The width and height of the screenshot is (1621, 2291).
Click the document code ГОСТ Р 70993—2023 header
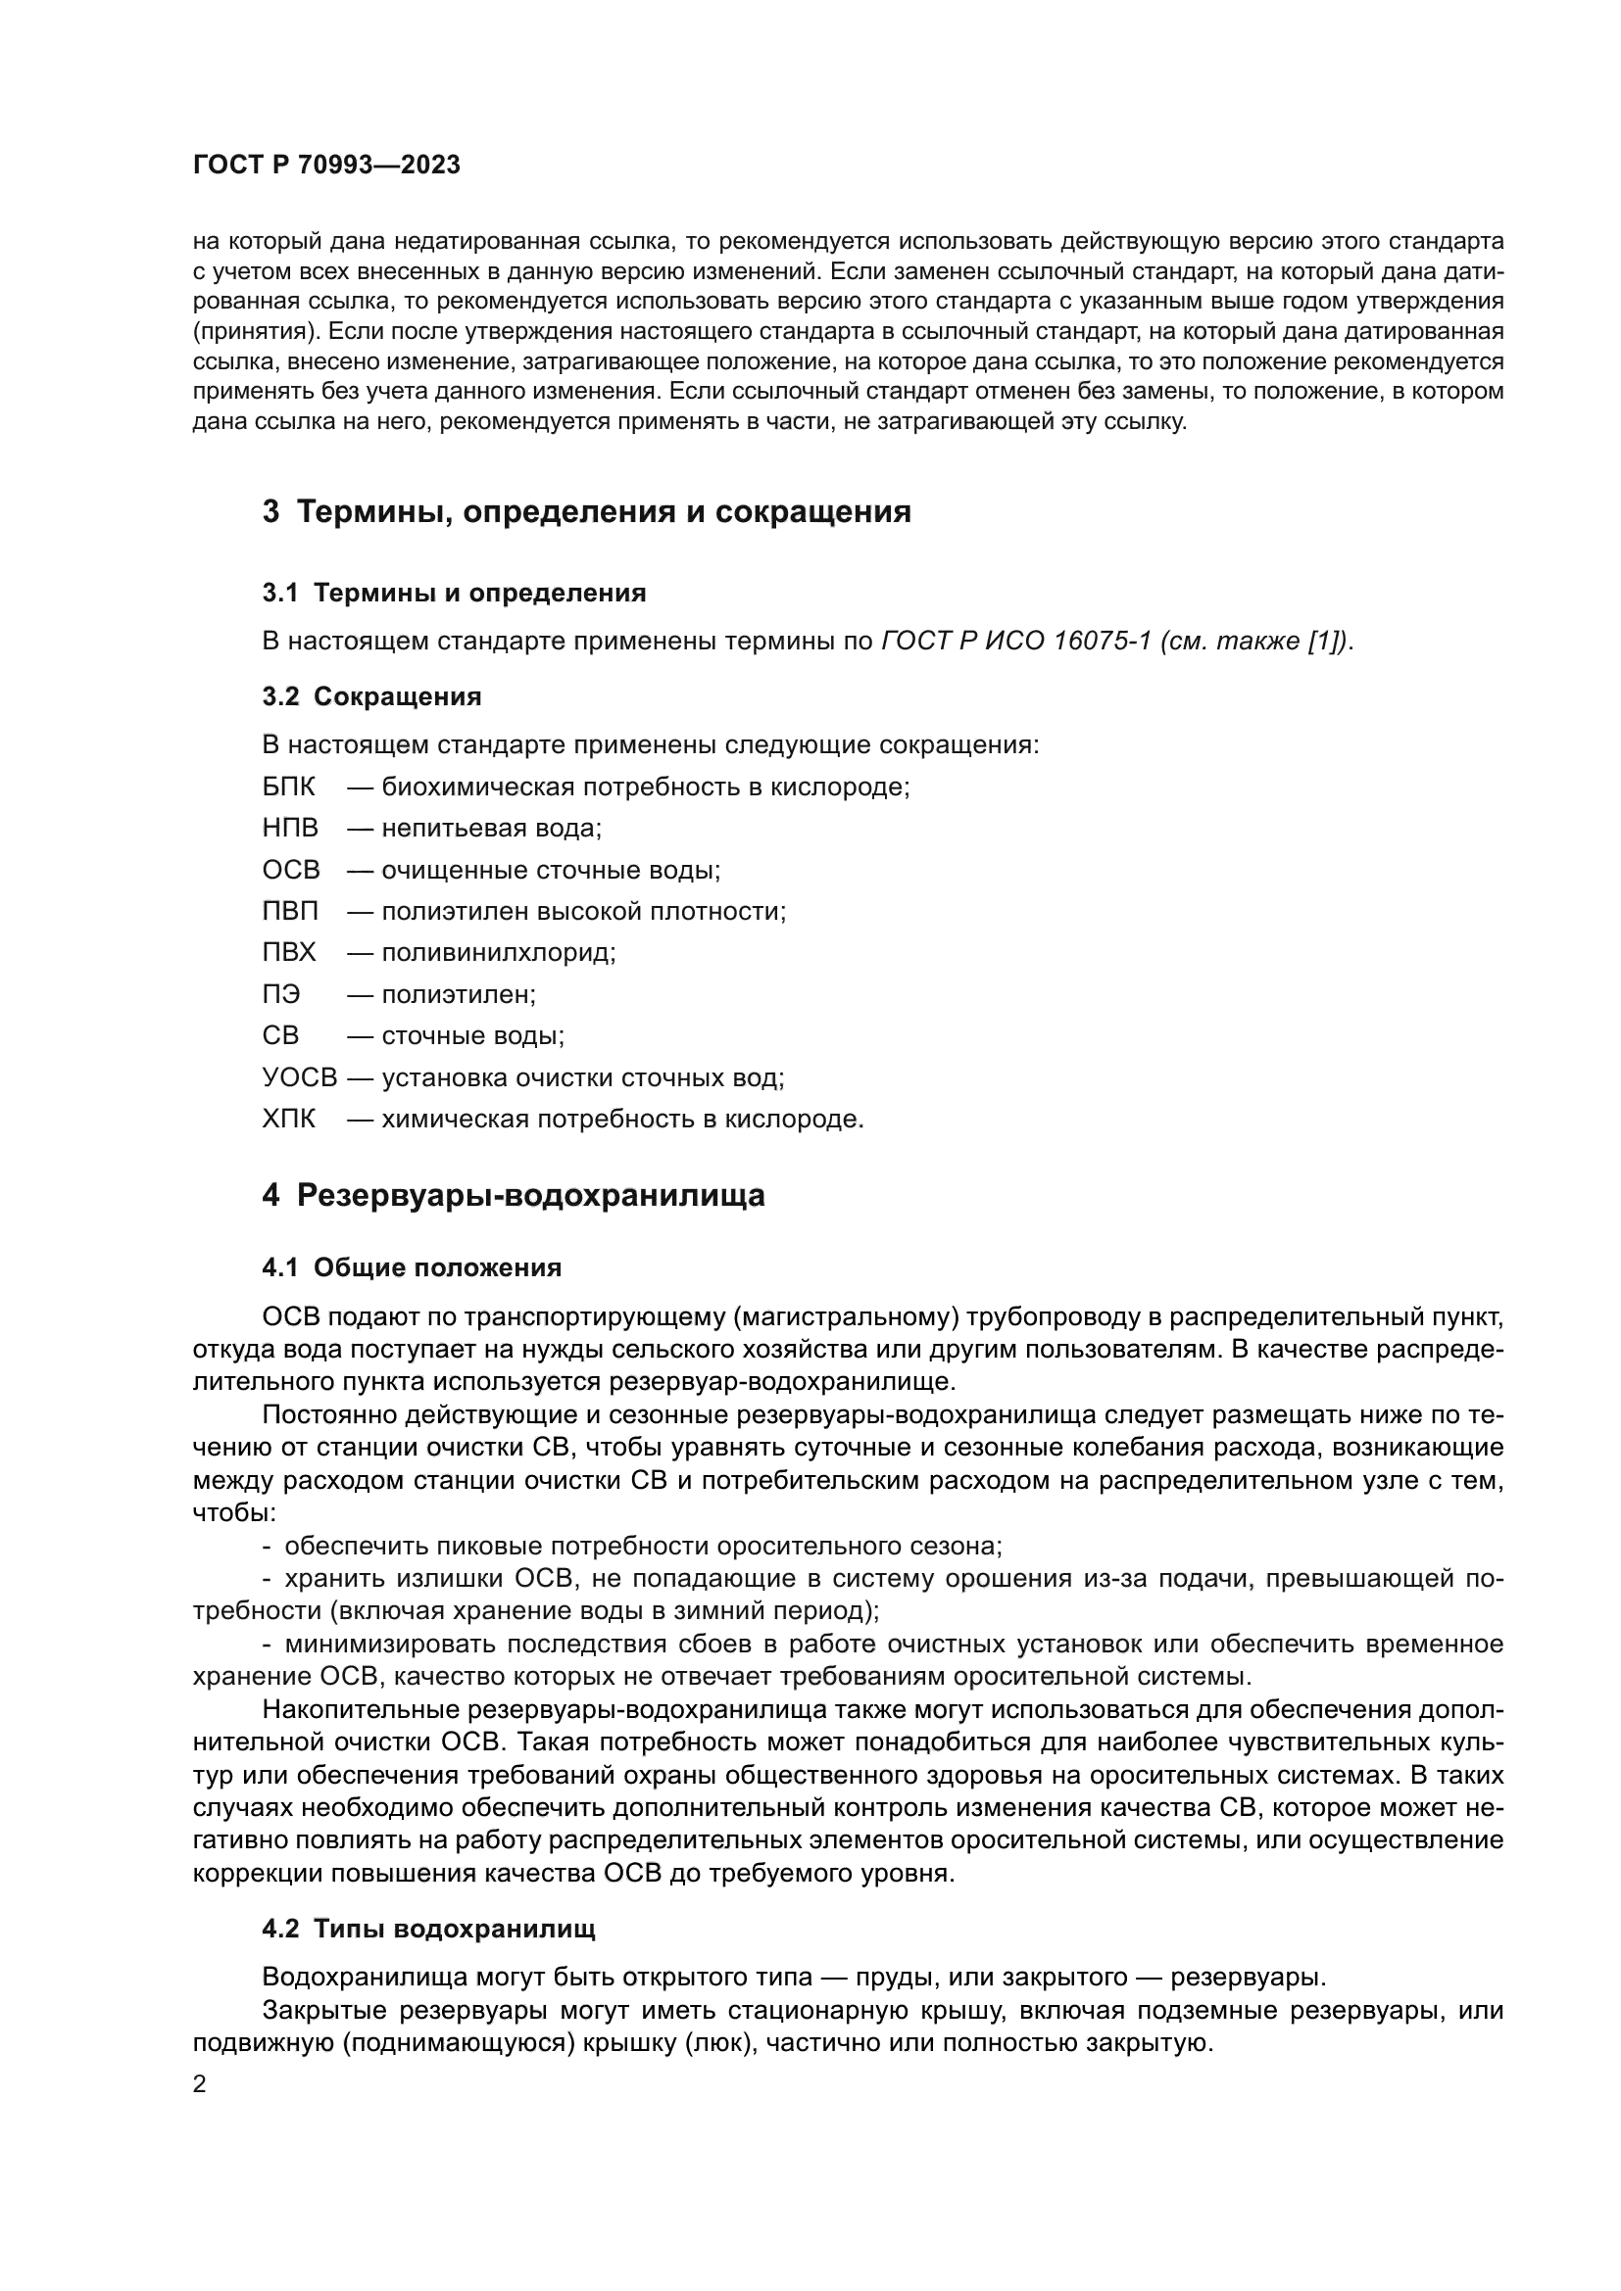(326, 166)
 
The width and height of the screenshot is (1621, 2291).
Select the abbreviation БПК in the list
(288, 788)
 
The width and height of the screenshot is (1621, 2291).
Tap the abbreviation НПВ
(290, 829)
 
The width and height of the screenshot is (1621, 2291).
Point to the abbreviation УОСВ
(300, 1077)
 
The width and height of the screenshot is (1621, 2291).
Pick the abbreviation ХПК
(288, 1120)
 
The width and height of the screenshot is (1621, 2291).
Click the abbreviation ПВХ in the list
(289, 953)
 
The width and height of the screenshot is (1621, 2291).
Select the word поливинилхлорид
(497, 953)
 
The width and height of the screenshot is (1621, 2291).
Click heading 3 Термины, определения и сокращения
(587, 513)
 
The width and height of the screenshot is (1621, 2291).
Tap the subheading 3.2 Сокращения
(372, 696)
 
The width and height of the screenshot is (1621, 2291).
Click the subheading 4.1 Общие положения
(412, 1268)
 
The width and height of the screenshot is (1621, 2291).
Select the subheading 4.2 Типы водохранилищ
(428, 1929)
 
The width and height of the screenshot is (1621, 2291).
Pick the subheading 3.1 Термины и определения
(454, 594)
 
